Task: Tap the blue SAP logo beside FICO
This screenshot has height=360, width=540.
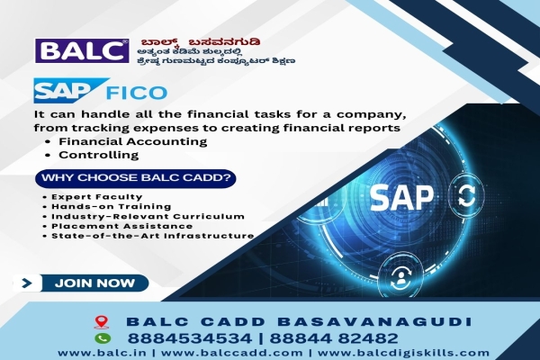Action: click(x=60, y=91)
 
